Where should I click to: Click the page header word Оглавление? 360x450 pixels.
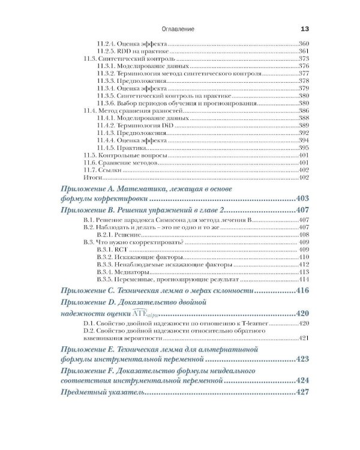pyautogui.click(x=178, y=29)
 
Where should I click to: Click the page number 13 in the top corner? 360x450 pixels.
pyautogui.click(x=304, y=29)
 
